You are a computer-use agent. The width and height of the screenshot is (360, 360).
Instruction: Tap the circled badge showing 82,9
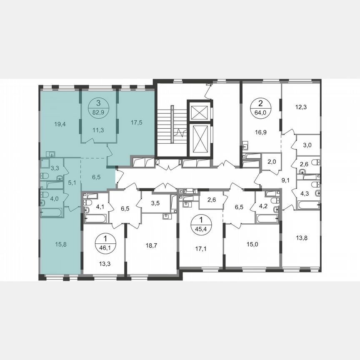[x=98, y=107]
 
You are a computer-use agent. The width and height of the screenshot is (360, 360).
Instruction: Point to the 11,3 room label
[x=98, y=130]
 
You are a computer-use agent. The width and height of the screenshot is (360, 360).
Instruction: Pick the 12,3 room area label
[x=301, y=107]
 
